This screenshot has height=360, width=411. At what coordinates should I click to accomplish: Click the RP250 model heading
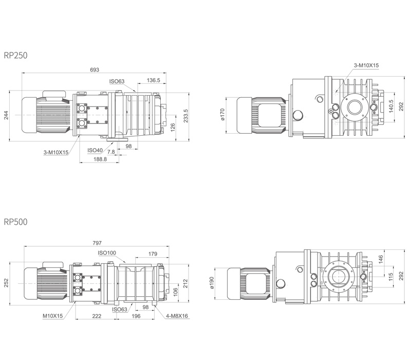point(16,56)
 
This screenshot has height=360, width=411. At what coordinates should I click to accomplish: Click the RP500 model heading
point(16,222)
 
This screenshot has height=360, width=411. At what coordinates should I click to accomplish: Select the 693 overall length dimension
point(95,69)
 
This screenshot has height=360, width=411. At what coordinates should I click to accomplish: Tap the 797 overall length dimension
point(97,243)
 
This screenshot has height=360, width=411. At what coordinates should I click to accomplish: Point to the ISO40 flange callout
point(95,150)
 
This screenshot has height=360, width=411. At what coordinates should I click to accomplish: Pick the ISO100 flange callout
point(107,253)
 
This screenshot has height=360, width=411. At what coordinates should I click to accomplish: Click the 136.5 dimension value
point(153,80)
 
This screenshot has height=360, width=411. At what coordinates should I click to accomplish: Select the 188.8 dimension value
point(100,159)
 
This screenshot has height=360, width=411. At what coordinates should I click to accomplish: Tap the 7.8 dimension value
point(111,152)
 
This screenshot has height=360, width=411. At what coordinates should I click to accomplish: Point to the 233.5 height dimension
point(186,116)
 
